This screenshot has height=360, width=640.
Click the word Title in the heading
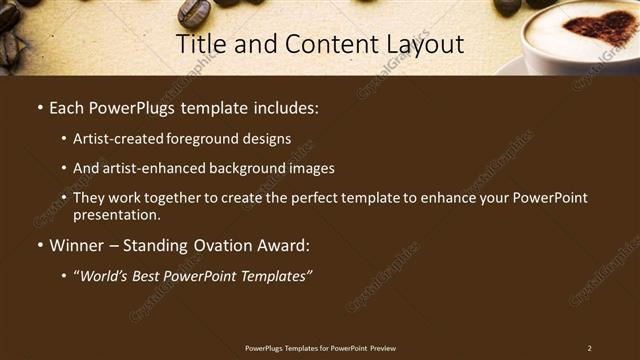199,44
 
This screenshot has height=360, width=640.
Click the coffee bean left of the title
193,12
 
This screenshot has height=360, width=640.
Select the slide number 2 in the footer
589,348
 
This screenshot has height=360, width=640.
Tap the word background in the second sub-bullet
240,168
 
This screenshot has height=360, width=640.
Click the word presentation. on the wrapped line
117,214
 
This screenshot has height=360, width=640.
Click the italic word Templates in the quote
271,275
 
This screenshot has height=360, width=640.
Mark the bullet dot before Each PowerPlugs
38,106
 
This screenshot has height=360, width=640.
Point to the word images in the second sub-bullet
309,168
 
